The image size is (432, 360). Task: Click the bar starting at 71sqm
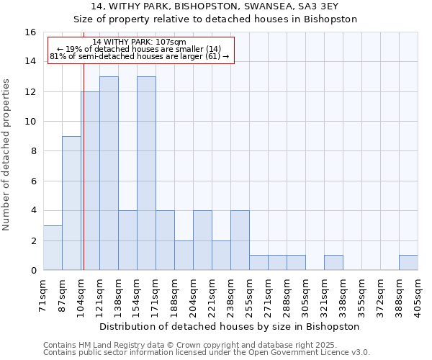click(x=53, y=248)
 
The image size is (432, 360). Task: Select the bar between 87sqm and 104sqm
click(x=71, y=203)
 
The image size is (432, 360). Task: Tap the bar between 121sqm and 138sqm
click(x=109, y=174)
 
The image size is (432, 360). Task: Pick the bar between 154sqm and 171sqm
click(x=147, y=174)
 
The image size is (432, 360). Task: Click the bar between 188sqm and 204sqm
click(x=184, y=256)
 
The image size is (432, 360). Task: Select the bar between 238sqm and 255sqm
click(x=240, y=240)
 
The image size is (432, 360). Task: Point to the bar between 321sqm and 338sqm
click(x=333, y=263)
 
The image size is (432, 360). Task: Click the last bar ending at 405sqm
click(x=408, y=263)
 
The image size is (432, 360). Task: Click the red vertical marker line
click(x=84, y=151)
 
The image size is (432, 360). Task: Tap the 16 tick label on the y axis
click(x=30, y=32)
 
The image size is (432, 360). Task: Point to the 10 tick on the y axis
click(x=30, y=122)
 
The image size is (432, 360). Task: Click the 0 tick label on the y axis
click(x=34, y=270)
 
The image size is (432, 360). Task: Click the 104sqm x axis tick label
click(x=80, y=299)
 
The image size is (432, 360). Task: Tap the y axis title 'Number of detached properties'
click(x=6, y=155)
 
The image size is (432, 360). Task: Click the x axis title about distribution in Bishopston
click(x=229, y=327)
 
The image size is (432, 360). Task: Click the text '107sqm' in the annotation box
click(x=171, y=42)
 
